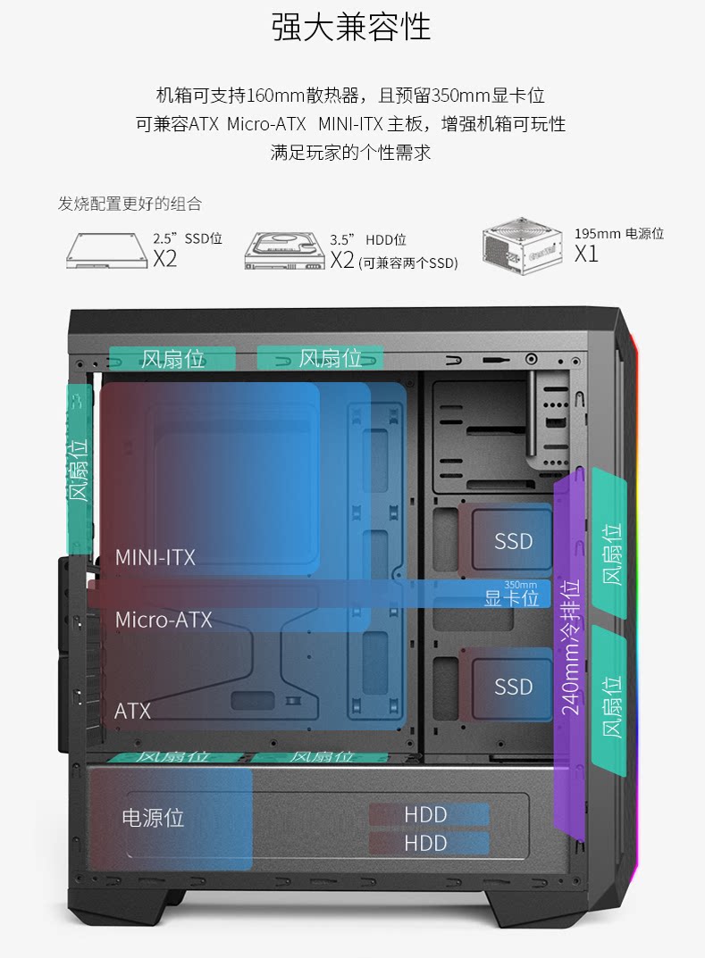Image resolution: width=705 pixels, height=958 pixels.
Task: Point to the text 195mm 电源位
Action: pos(618,234)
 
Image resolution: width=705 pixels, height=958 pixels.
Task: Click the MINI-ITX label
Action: pos(155,557)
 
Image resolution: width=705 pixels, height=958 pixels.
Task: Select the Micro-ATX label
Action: pos(164,619)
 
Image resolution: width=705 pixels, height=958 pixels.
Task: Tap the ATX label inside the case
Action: pos(132,711)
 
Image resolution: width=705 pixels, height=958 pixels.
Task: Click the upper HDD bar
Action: pos(428,814)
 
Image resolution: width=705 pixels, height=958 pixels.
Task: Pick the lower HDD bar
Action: pos(428,843)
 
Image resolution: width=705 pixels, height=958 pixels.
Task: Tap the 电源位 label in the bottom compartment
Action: pos(153,817)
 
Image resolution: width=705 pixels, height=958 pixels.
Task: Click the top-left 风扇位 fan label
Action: pos(172,358)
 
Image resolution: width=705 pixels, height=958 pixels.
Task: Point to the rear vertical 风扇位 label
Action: pos(80,469)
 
